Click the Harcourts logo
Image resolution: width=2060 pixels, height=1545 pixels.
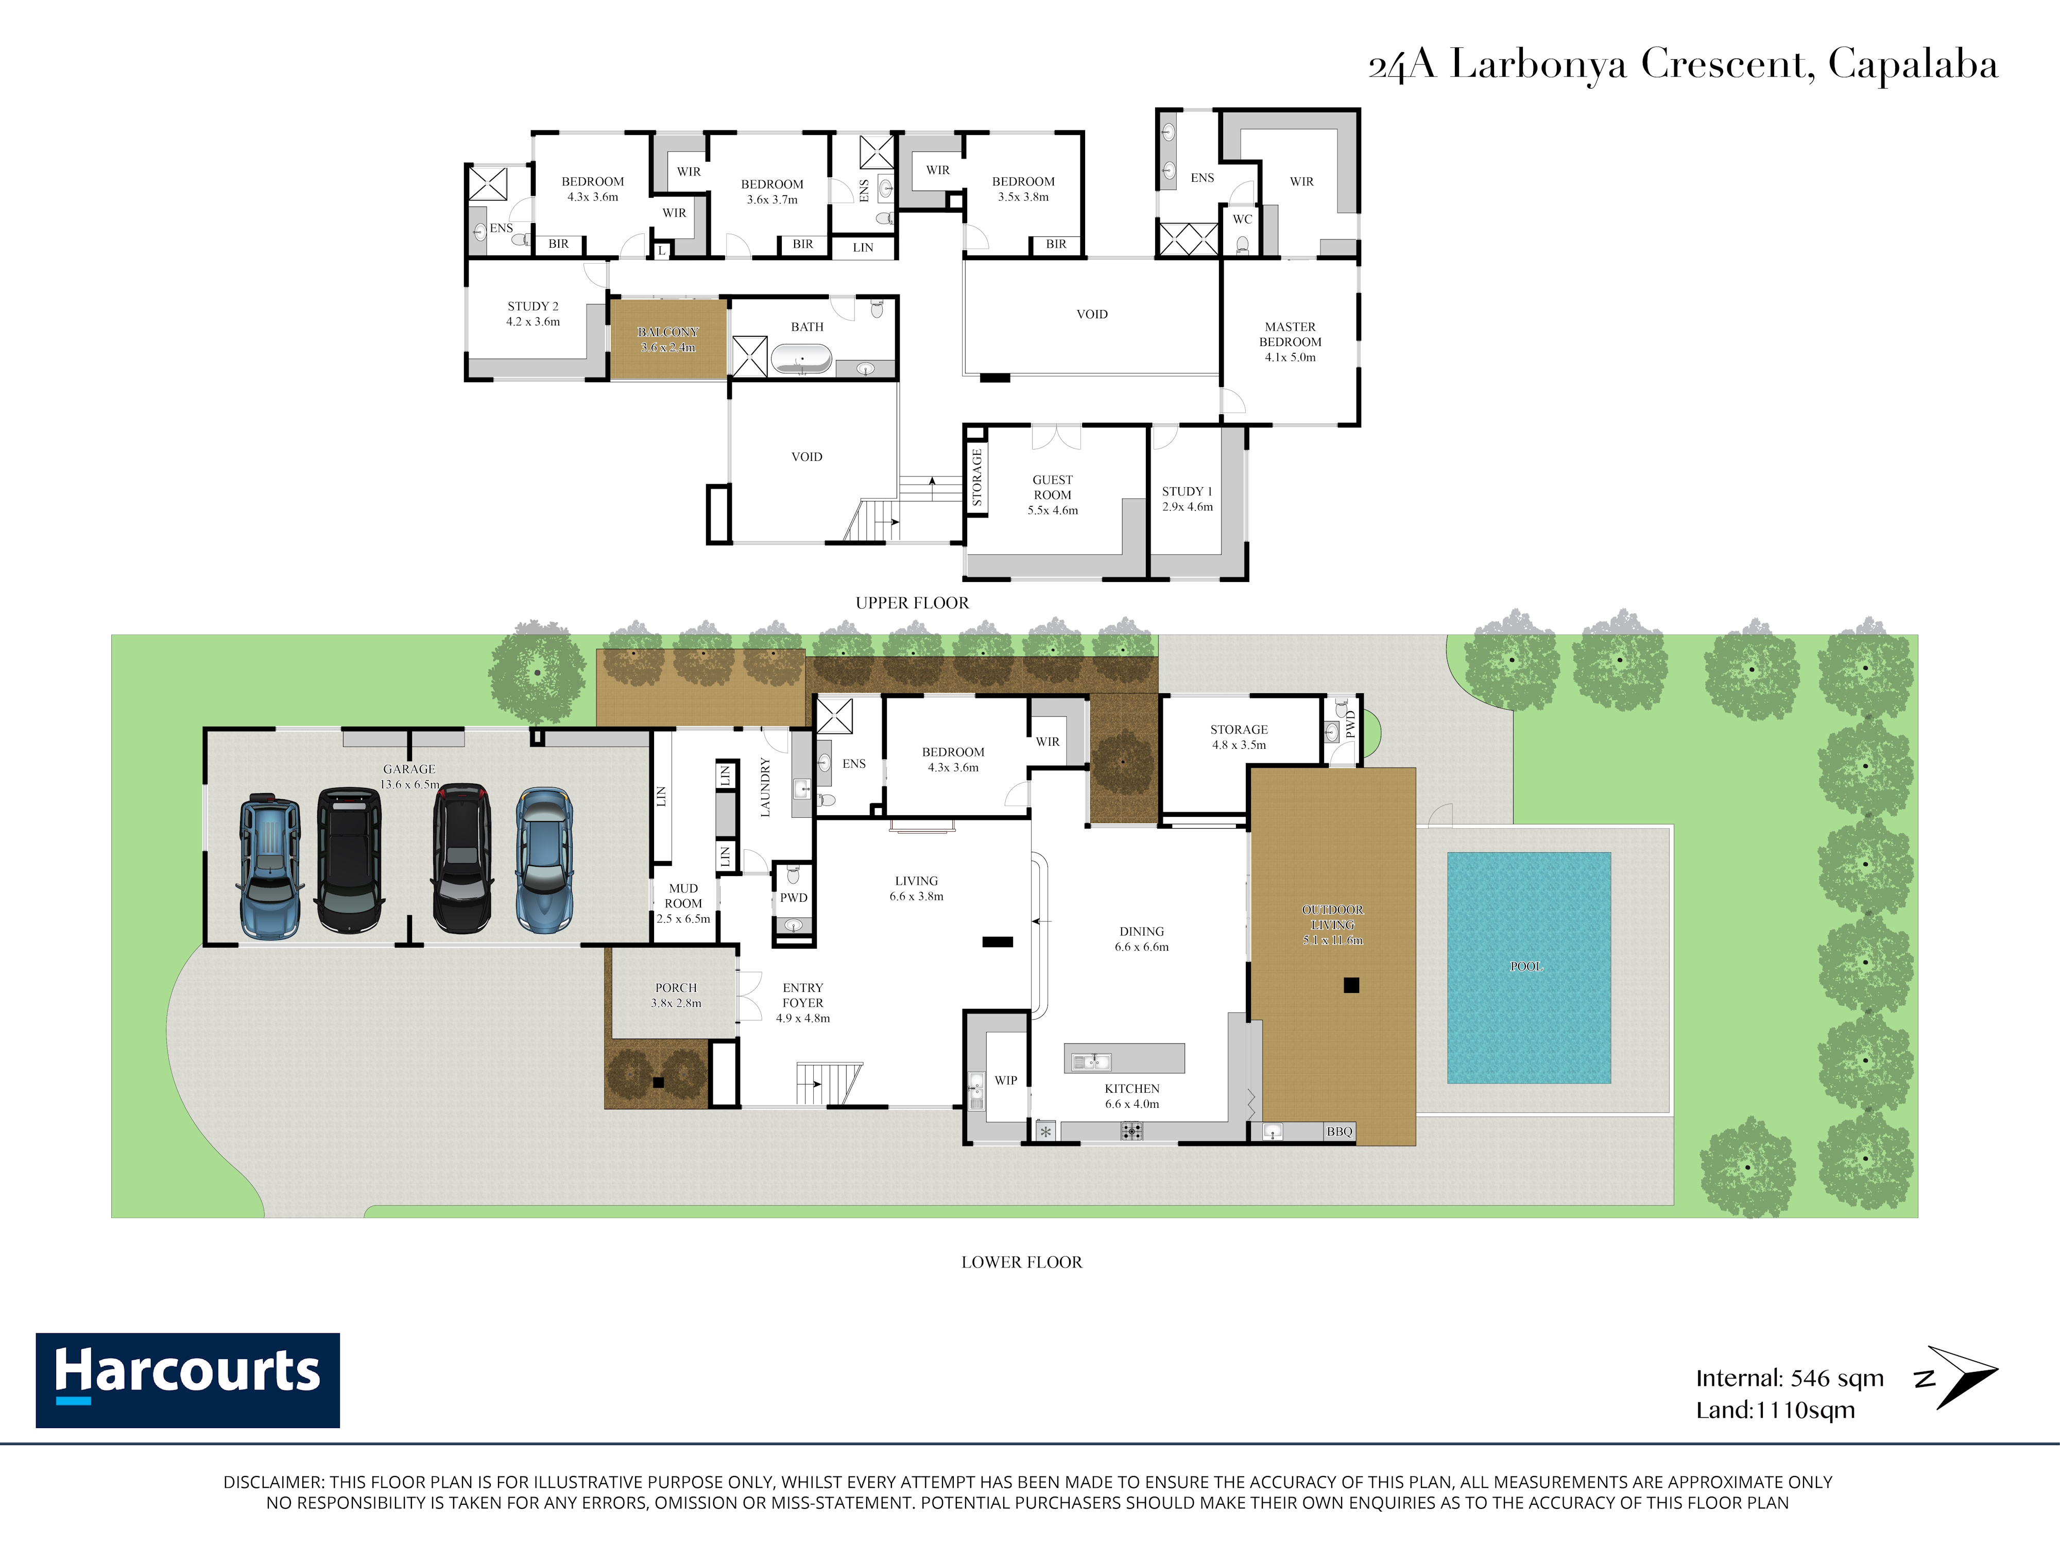click(x=187, y=1380)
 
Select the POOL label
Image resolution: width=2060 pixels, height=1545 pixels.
click(x=1526, y=967)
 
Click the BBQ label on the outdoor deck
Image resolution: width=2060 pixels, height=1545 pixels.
click(x=1339, y=1131)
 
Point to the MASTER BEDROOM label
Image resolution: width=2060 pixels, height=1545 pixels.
click(x=1290, y=334)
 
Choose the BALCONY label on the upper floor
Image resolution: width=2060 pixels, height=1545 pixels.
click(x=668, y=332)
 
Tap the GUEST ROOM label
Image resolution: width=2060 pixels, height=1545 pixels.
click(x=1052, y=487)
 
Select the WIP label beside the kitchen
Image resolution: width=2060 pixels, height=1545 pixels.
click(x=1006, y=1080)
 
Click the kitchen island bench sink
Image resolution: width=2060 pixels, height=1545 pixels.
click(x=1091, y=1061)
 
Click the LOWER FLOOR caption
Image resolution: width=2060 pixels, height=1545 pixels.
click(x=1022, y=1262)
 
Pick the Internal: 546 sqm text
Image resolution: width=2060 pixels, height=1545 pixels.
click(x=1789, y=1378)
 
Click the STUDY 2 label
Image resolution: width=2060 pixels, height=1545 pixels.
click(x=533, y=306)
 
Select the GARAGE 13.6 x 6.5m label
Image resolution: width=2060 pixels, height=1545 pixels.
click(x=410, y=777)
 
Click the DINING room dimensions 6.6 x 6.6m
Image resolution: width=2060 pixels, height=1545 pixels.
click(x=1142, y=947)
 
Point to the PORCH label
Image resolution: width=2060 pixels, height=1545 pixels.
click(x=676, y=988)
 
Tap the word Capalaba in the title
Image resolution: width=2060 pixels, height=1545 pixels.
click(x=1913, y=65)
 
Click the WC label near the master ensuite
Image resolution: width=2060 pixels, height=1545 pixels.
click(x=1242, y=220)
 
